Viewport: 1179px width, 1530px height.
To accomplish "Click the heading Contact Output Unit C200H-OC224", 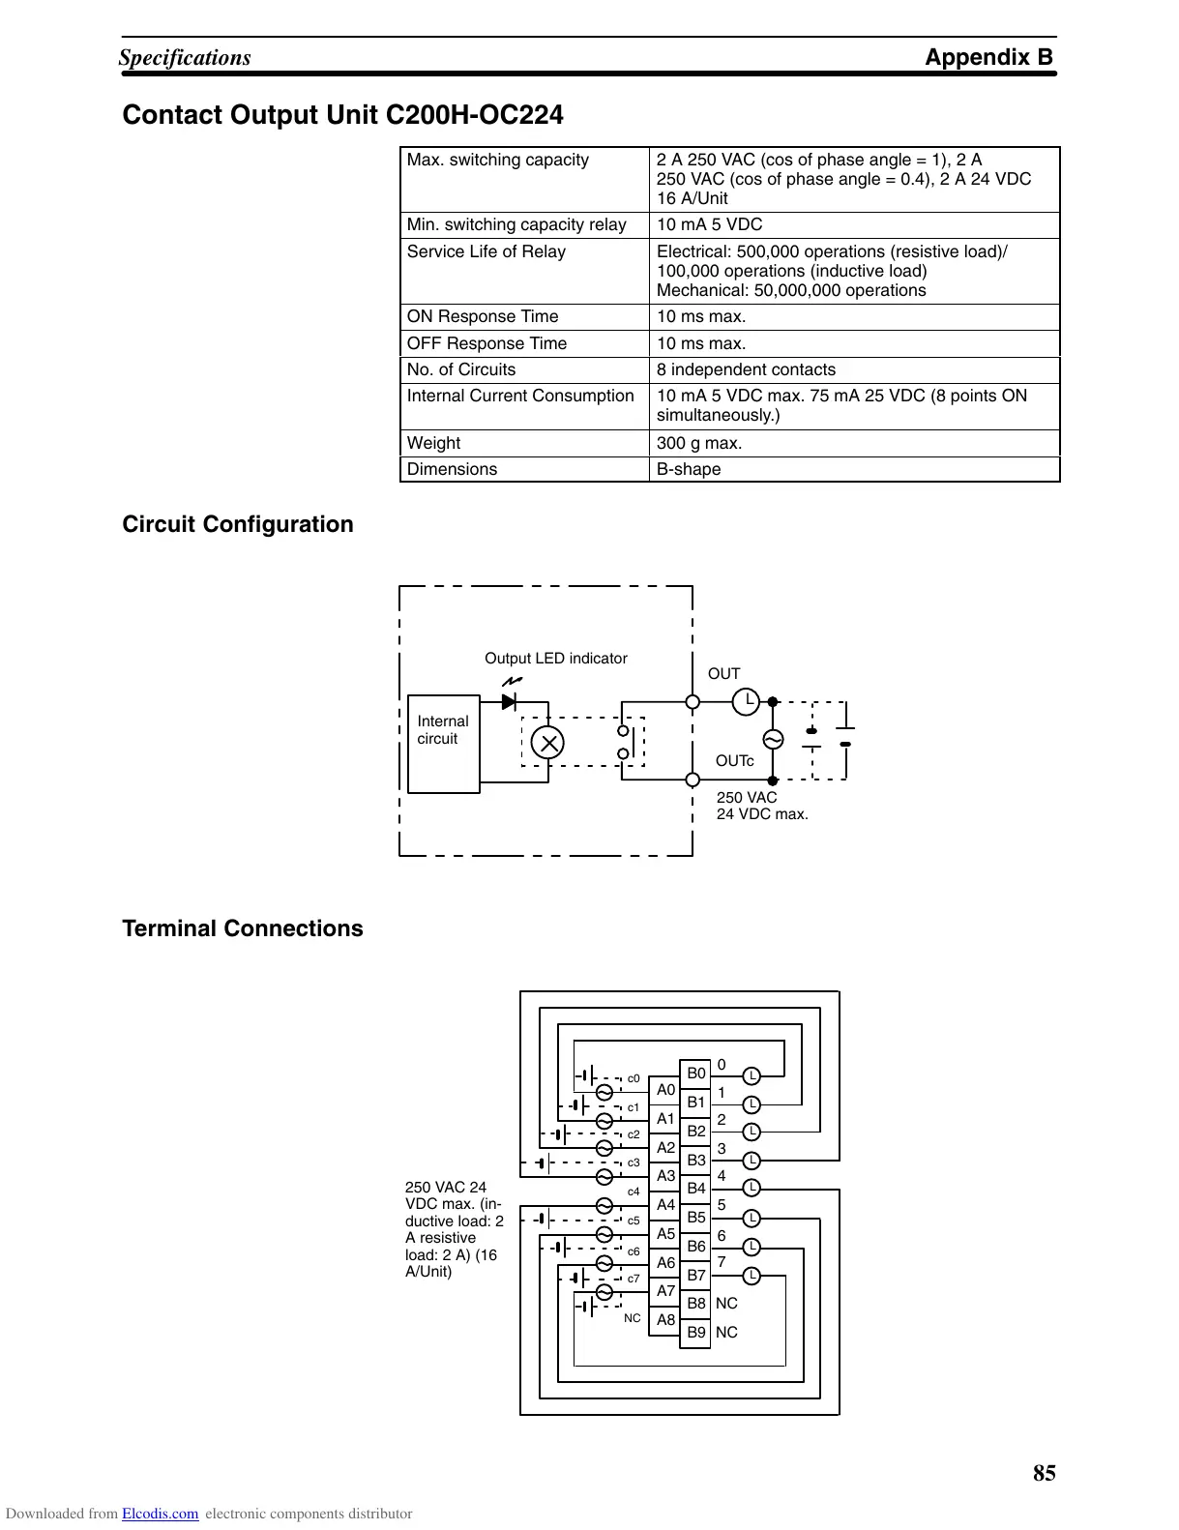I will point(342,115).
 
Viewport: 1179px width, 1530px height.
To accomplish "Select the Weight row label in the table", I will point(433,443).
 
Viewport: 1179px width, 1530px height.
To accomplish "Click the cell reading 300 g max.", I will point(699,443).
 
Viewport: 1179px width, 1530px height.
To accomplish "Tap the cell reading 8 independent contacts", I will point(746,369).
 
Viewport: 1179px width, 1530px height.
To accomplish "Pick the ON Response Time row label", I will point(483,316).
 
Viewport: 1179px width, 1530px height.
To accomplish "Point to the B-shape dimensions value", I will point(689,469).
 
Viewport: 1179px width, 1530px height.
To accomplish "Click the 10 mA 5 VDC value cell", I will point(709,224).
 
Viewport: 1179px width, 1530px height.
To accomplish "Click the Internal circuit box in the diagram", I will point(444,743).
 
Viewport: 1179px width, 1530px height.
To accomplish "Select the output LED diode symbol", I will point(509,701).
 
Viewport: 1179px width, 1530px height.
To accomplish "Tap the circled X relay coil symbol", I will point(549,743).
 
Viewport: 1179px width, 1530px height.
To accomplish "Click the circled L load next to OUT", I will point(746,701).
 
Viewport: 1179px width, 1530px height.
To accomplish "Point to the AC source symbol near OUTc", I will point(772,740).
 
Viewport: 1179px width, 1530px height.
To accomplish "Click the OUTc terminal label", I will point(734,761).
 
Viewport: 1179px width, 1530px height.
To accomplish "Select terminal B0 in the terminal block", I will point(696,1074).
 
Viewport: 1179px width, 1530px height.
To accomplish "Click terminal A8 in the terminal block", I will point(665,1319).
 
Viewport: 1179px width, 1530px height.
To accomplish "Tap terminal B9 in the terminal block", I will point(696,1333).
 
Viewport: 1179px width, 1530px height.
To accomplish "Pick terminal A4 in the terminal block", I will point(665,1204).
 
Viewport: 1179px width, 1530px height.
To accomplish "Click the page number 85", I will point(1045,1473).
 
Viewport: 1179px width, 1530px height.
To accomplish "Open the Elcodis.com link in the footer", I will point(160,1514).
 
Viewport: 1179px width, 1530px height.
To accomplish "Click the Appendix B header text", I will point(988,57).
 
